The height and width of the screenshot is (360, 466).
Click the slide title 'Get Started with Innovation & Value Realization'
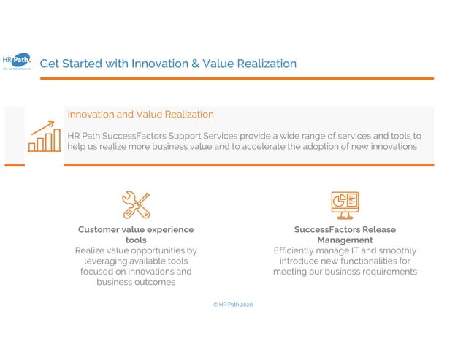pyautogui.click(x=168, y=64)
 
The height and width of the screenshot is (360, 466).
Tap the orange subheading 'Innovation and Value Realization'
pyautogui.click(x=140, y=115)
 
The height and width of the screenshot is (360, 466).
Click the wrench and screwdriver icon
pyautogui.click(x=136, y=205)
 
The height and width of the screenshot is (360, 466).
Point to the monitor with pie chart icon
pyautogui.click(x=345, y=205)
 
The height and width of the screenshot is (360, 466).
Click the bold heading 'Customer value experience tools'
pyautogui.click(x=136, y=234)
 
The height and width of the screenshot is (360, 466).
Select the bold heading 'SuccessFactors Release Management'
pyautogui.click(x=345, y=234)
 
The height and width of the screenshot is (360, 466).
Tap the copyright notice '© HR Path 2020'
pyautogui.click(x=232, y=304)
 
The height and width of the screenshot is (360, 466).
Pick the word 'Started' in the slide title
pyautogui.click(x=83, y=64)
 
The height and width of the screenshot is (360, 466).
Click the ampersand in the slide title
pyautogui.click(x=195, y=64)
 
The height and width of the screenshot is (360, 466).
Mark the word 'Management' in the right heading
pyautogui.click(x=345, y=240)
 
